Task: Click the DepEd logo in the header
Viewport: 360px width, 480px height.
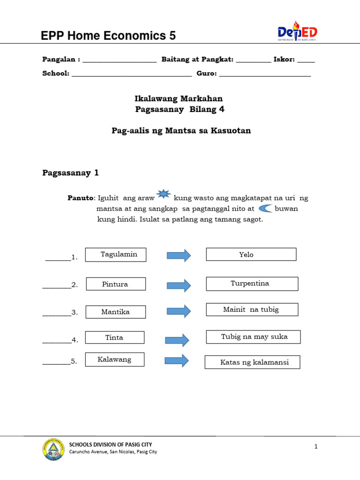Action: pyautogui.click(x=297, y=32)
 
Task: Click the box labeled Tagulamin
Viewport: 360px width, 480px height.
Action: pyautogui.click(x=116, y=255)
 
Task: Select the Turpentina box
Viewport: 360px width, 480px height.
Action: pyautogui.click(x=252, y=284)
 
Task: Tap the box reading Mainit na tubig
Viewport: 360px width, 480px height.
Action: pyautogui.click(x=252, y=309)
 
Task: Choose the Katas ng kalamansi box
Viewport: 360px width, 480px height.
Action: pyautogui.click(x=252, y=362)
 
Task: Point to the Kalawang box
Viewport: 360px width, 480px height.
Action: pyautogui.click(x=114, y=360)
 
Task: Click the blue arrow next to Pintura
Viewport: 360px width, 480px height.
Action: pyautogui.click(x=179, y=285)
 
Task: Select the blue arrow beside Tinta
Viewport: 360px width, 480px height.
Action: pyautogui.click(x=177, y=340)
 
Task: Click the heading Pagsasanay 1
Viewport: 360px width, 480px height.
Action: pyautogui.click(x=71, y=173)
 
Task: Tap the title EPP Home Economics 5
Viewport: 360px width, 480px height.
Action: pyautogui.click(x=109, y=36)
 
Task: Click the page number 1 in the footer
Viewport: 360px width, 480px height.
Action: pyautogui.click(x=316, y=447)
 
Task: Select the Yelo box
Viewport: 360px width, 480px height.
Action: pyautogui.click(x=251, y=255)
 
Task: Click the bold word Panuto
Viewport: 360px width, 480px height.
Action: pyautogui.click(x=81, y=198)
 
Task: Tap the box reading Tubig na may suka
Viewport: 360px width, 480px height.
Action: pyautogui.click(x=253, y=337)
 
